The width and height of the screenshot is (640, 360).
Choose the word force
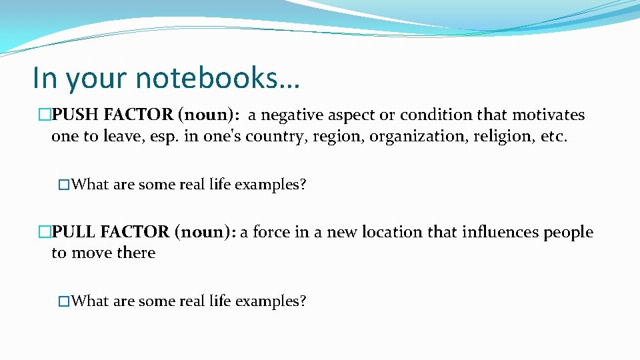click(271, 233)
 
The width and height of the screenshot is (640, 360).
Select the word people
click(569, 233)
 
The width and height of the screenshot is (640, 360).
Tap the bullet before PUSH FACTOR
click(45, 115)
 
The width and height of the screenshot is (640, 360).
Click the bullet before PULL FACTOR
click(45, 233)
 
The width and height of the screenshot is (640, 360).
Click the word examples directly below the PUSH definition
click(272, 185)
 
